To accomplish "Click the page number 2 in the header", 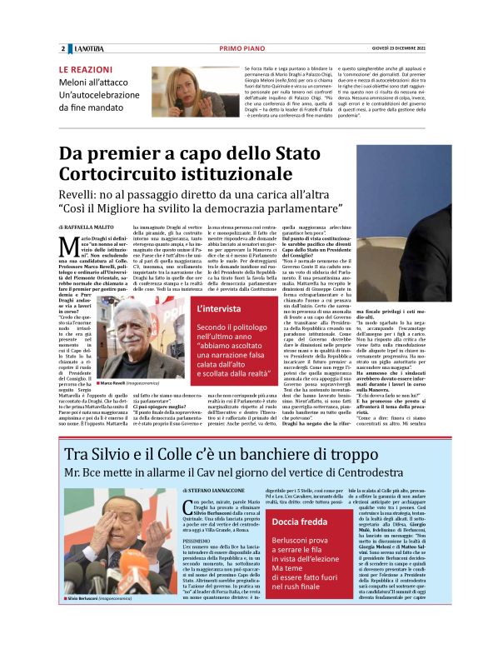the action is point(62,49).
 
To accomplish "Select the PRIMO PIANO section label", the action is point(242,49).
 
